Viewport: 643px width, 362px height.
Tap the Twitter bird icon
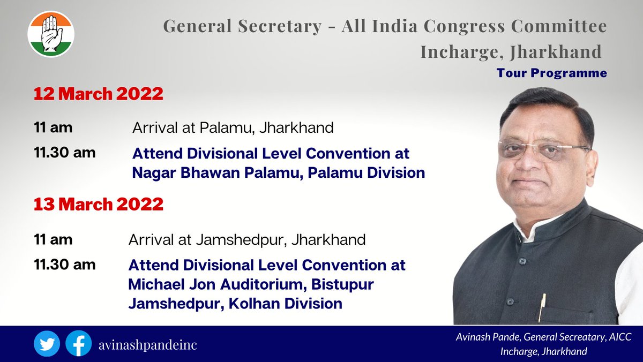click(47, 344)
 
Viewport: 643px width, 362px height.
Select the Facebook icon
click(78, 344)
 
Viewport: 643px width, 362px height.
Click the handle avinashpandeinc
click(147, 344)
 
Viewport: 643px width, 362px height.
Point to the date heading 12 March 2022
click(98, 94)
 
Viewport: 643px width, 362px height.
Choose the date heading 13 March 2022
click(98, 205)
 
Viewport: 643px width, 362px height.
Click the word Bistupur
click(339, 284)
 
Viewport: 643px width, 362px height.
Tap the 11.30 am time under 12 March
click(64, 153)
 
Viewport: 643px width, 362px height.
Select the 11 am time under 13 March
click(53, 239)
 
